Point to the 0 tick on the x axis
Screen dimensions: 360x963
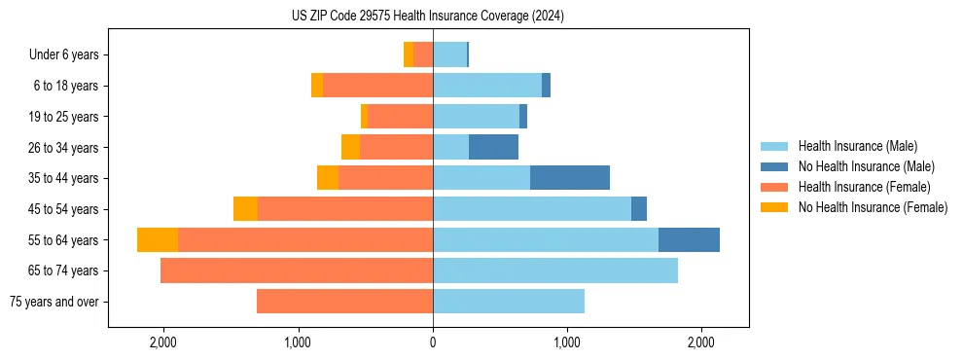(x=433, y=342)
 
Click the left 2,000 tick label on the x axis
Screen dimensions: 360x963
(x=162, y=342)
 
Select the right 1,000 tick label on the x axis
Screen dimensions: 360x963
(x=567, y=342)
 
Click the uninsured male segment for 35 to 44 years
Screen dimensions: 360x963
(x=570, y=178)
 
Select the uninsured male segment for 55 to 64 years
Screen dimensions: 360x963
(x=689, y=239)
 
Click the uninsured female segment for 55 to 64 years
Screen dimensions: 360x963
(x=158, y=239)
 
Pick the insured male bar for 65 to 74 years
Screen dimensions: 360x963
(x=555, y=270)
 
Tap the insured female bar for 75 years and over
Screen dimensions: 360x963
(x=344, y=302)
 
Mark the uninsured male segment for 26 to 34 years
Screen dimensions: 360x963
(x=493, y=147)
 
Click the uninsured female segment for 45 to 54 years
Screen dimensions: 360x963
(x=245, y=209)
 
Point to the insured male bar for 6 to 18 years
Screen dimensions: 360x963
(x=487, y=86)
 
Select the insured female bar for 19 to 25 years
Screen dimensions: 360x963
(x=401, y=117)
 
